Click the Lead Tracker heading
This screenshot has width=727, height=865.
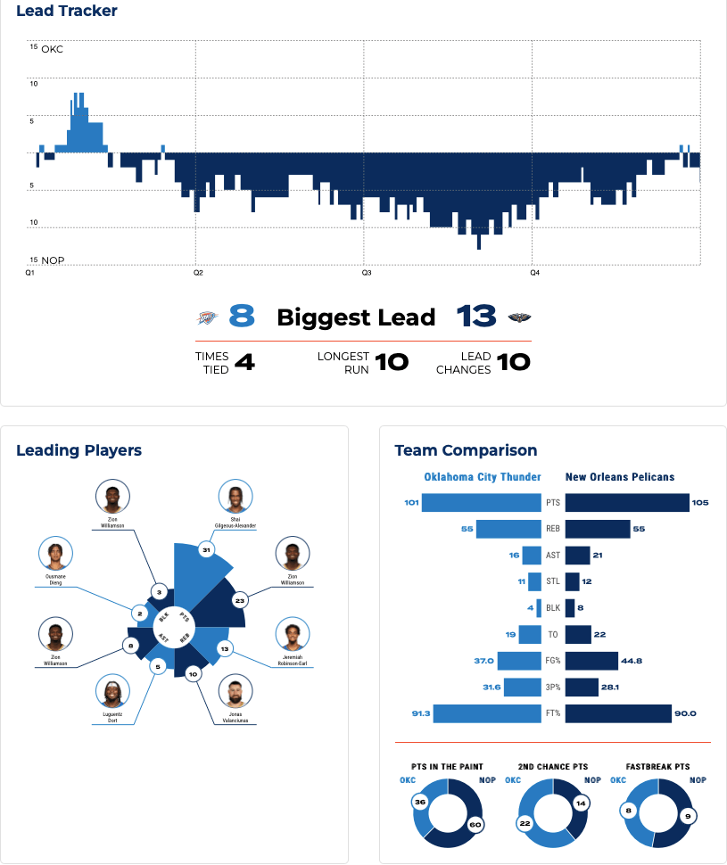pyautogui.click(x=67, y=12)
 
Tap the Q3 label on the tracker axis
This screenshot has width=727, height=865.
pyautogui.click(x=366, y=272)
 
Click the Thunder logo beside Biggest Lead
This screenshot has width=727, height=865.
pyautogui.click(x=206, y=317)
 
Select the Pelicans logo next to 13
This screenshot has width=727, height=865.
pyautogui.click(x=518, y=317)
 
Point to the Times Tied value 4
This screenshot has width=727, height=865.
pyautogui.click(x=244, y=362)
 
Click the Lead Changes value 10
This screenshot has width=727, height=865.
pyautogui.click(x=513, y=362)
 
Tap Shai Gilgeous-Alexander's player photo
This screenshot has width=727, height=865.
pyautogui.click(x=235, y=497)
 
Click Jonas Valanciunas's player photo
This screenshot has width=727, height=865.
pyautogui.click(x=235, y=691)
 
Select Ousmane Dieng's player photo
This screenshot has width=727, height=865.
pyautogui.click(x=55, y=554)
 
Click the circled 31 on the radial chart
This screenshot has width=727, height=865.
pyautogui.click(x=207, y=550)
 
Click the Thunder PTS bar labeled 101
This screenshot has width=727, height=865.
pyautogui.click(x=482, y=503)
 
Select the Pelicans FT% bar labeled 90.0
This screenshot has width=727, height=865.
pyautogui.click(x=618, y=713)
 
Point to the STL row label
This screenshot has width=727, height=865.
pyautogui.click(x=553, y=582)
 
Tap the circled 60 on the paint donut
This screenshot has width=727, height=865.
pyautogui.click(x=475, y=825)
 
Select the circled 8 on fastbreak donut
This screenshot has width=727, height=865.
pyautogui.click(x=630, y=811)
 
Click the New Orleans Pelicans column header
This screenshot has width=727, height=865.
pyautogui.click(x=620, y=477)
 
